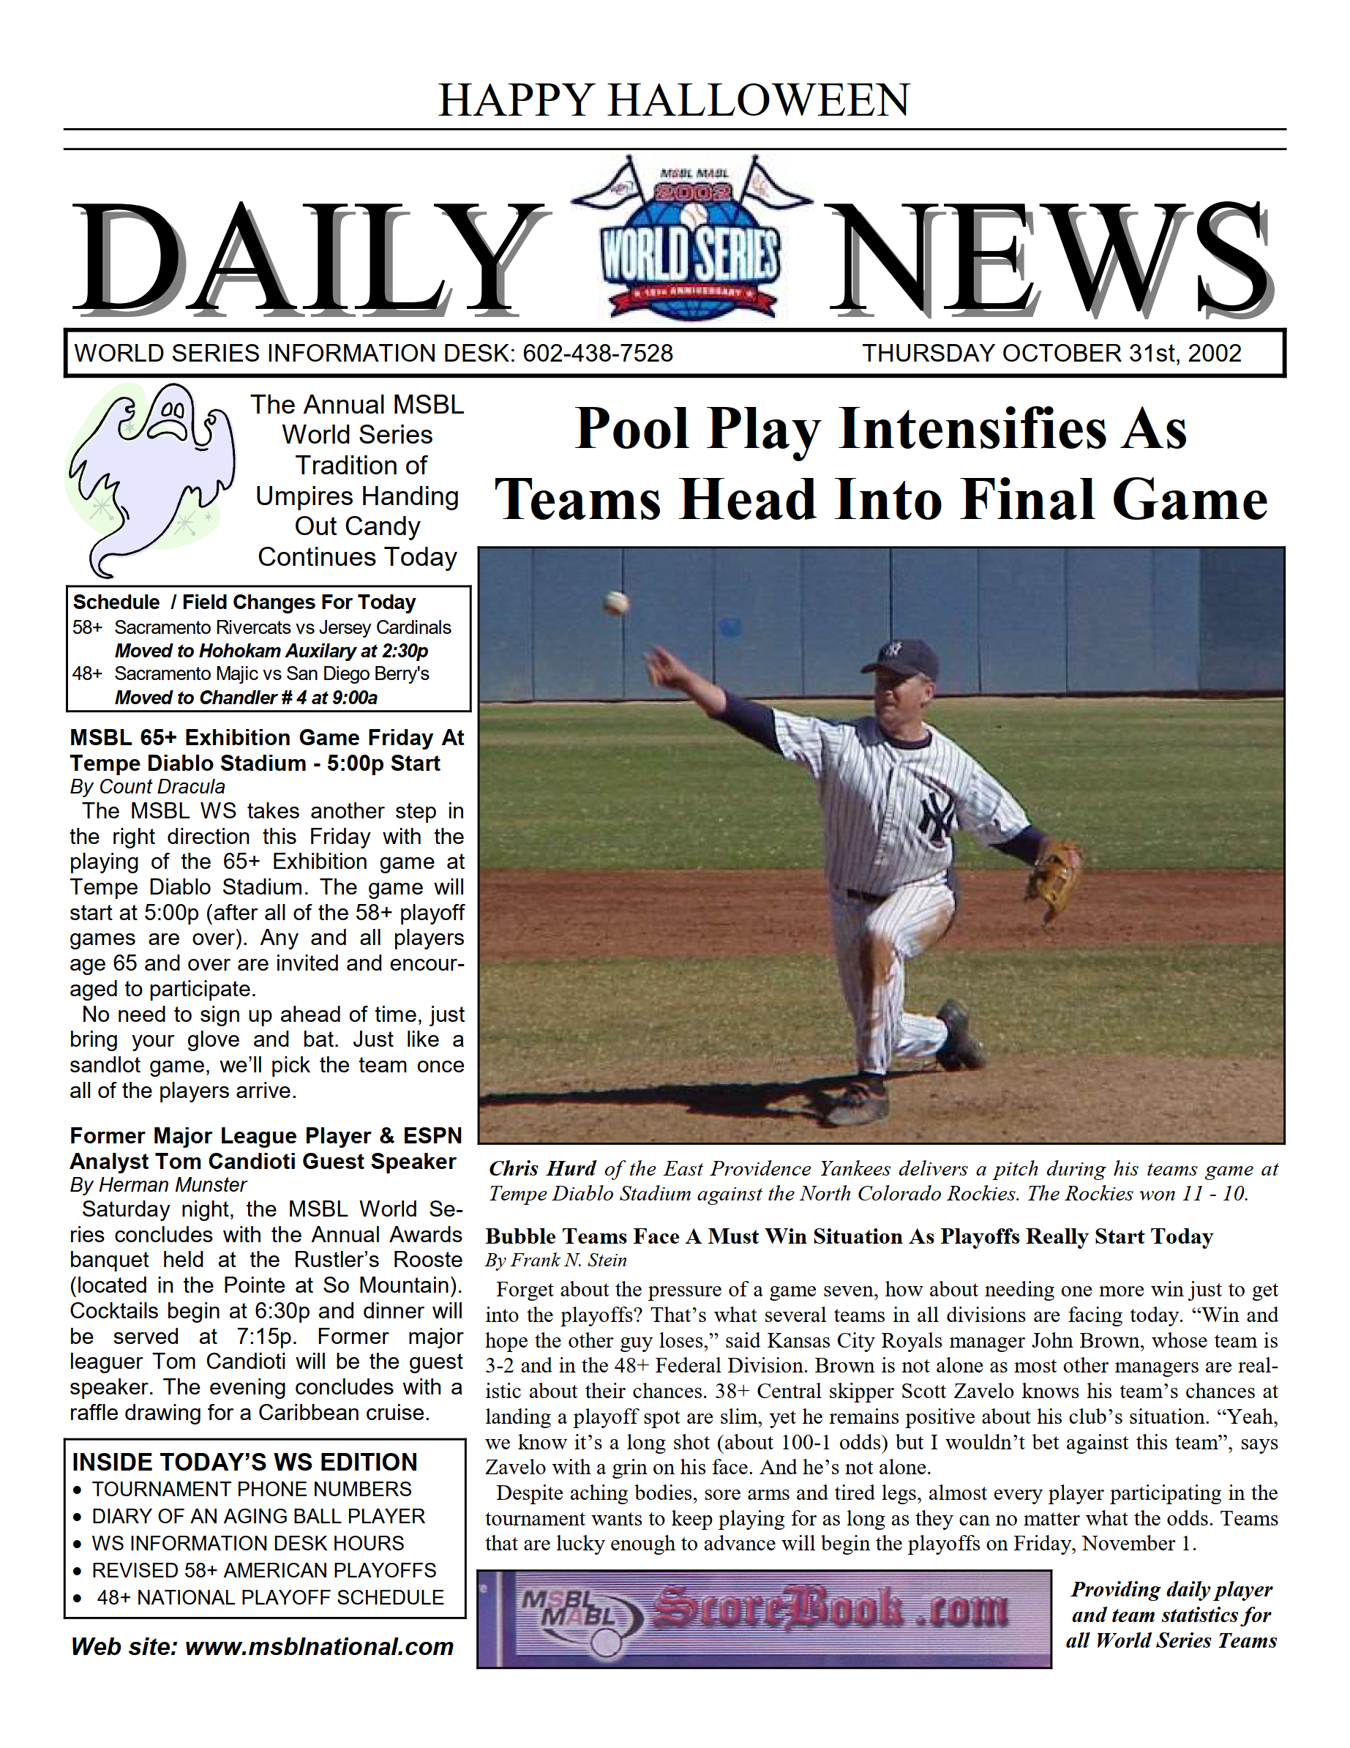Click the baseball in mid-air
click(615, 602)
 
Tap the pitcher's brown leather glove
click(1054, 881)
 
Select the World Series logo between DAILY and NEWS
click(691, 240)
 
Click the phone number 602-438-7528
click(597, 353)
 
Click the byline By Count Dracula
click(147, 787)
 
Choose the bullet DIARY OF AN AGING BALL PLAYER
click(258, 1516)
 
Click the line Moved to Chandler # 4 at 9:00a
click(246, 697)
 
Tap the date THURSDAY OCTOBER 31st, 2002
click(1051, 353)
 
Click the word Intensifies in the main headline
click(970, 429)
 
